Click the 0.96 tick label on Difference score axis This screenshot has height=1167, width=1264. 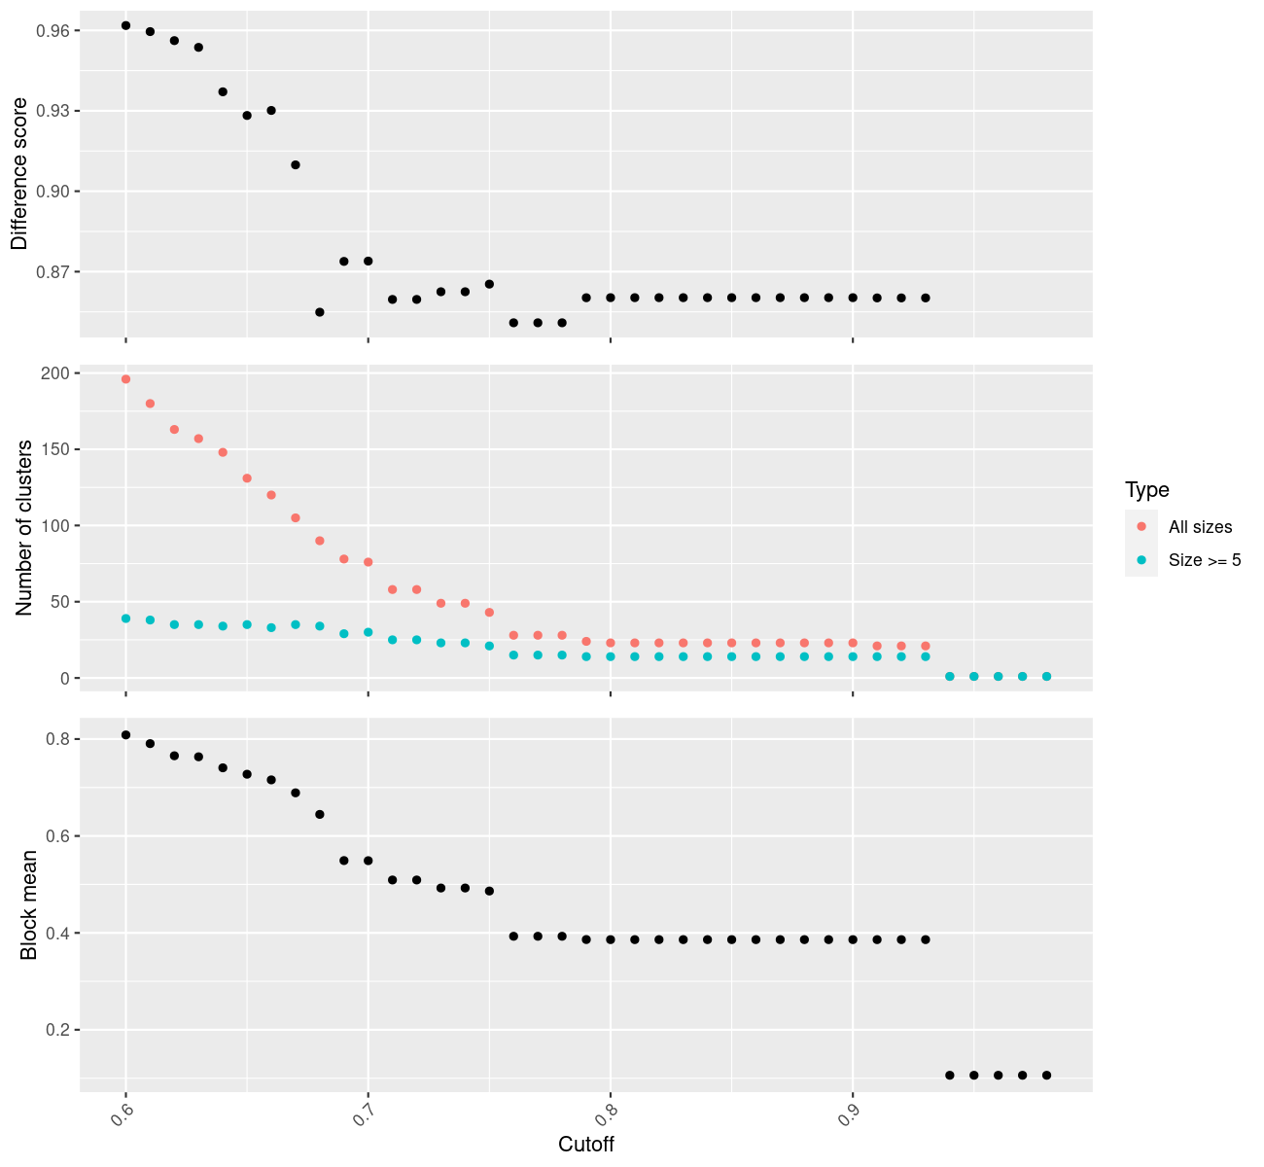[53, 31]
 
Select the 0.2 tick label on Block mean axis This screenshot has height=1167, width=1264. [57, 1030]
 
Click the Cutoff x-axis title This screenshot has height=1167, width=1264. [586, 1145]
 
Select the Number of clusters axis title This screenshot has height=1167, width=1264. [25, 528]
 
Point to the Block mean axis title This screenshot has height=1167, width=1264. [29, 904]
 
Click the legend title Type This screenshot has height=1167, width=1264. [1146, 489]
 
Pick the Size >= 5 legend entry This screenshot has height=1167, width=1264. [1205, 560]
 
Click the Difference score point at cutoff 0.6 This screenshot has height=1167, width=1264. [125, 25]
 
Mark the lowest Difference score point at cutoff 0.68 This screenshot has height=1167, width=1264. [320, 312]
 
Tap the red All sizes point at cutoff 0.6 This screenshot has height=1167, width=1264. [125, 379]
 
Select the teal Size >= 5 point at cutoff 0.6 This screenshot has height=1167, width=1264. [125, 619]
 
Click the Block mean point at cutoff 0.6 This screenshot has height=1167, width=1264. [125, 734]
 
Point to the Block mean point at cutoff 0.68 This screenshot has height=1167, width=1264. [320, 814]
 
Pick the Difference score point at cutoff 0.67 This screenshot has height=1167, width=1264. [296, 165]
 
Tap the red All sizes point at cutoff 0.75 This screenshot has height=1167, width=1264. [489, 613]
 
